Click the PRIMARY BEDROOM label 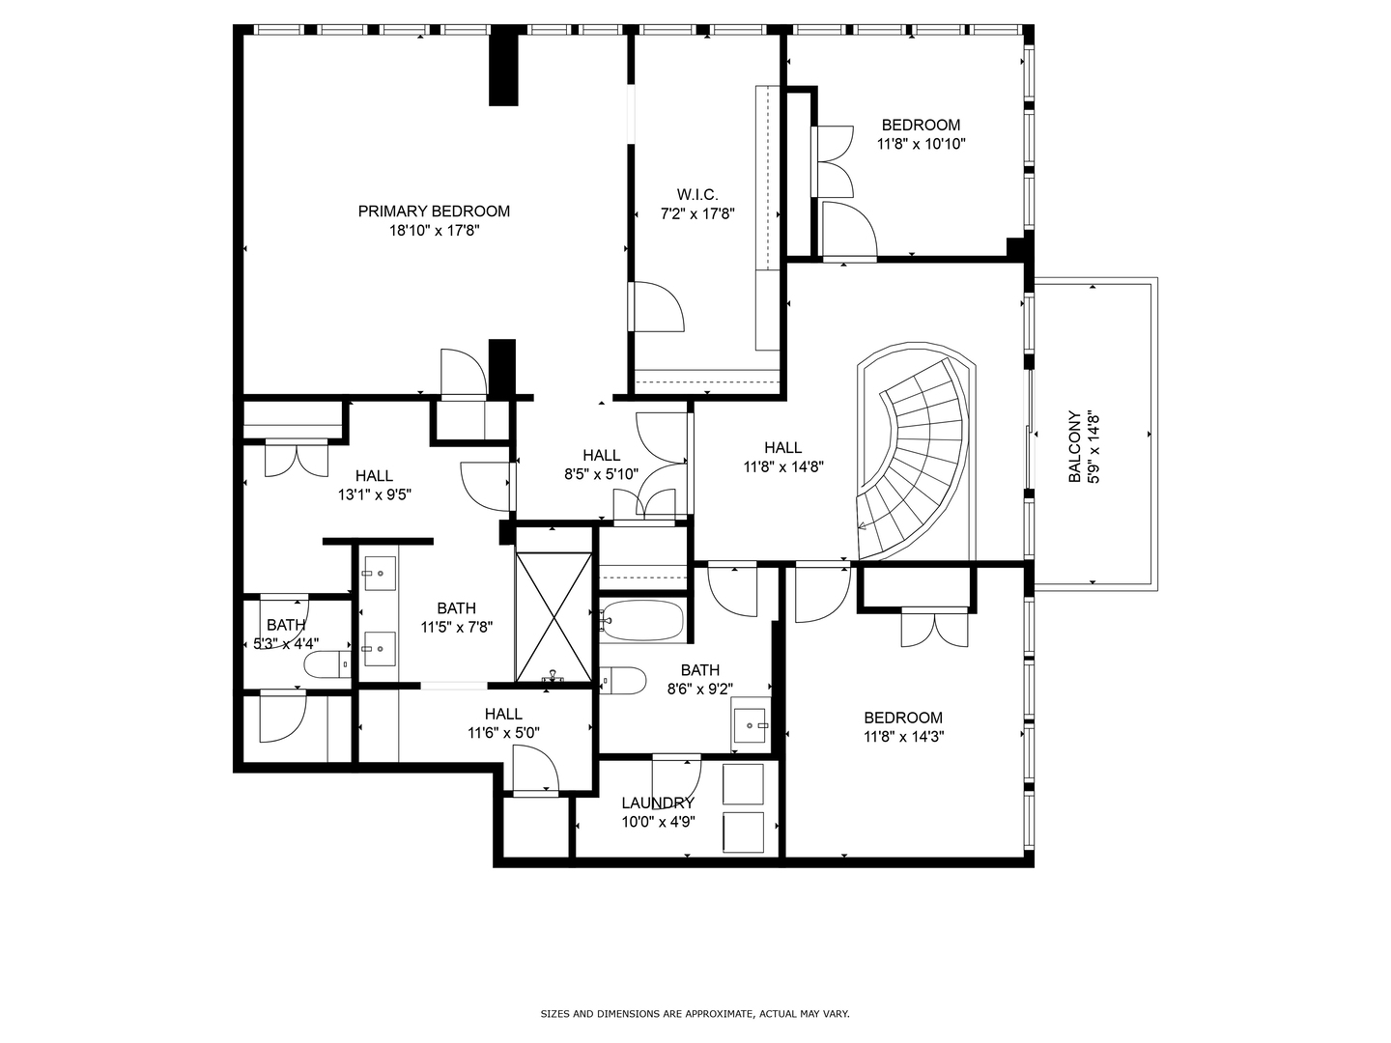click(x=434, y=211)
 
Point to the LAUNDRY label click(x=658, y=803)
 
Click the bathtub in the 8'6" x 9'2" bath click(x=642, y=620)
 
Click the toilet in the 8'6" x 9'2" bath click(x=623, y=681)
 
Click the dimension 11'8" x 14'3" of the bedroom click(x=903, y=737)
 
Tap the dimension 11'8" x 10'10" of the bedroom click(x=921, y=144)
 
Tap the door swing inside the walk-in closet click(x=657, y=307)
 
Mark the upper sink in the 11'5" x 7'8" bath click(x=380, y=574)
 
